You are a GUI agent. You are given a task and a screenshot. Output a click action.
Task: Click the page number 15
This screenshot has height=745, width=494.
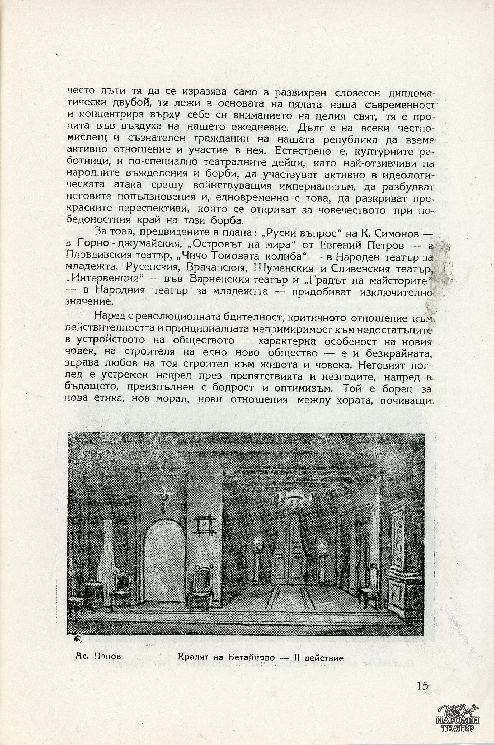pyautogui.click(x=422, y=683)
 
